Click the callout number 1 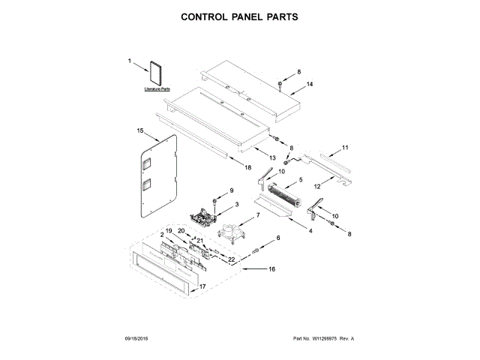coord(129,61)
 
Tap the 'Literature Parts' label coord(157,89)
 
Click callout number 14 coord(309,84)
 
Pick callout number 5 coord(301,179)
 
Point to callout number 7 coord(258,215)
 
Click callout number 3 coord(237,204)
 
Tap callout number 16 coord(272,268)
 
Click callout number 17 coord(201,286)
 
